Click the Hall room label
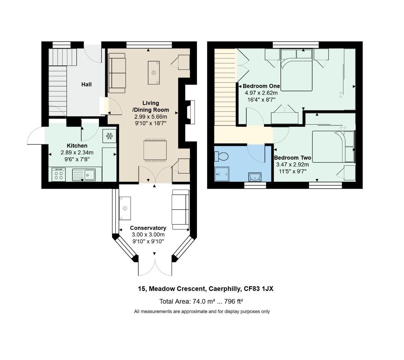(x=86, y=84)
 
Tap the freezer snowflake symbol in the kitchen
(x=109, y=136)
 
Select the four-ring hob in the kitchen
(x=59, y=174)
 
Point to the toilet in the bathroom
(x=221, y=156)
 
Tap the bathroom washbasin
(x=255, y=177)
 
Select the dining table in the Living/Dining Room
(x=155, y=150)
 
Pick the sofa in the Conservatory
(x=180, y=210)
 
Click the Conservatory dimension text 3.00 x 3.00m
(x=148, y=235)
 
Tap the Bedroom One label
(x=261, y=86)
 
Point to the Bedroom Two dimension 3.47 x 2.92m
(x=292, y=165)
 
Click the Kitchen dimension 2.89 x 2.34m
(x=77, y=153)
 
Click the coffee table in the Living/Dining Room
(x=154, y=73)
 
